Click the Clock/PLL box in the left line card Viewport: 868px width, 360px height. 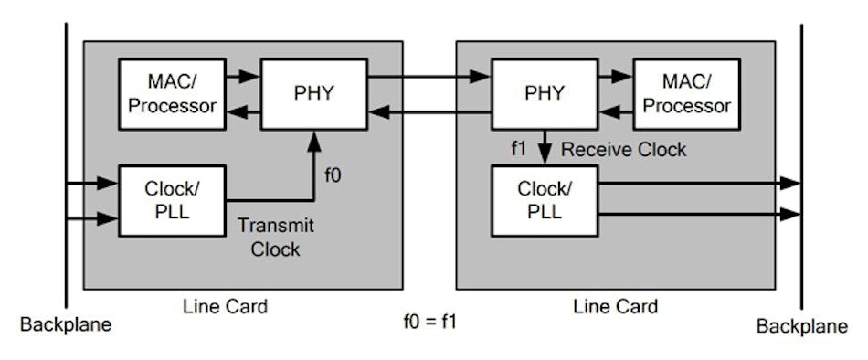click(172, 200)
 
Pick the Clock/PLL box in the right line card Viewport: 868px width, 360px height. click(545, 200)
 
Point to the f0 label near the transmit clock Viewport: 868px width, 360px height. click(334, 175)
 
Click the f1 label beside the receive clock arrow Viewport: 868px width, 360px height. click(518, 149)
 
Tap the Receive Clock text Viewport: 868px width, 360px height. click(623, 149)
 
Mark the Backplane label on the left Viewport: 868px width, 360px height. click(65, 325)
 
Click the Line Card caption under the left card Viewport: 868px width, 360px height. click(227, 306)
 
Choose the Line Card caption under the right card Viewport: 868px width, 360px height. click(616, 306)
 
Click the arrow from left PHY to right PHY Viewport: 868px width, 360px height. click(429, 77)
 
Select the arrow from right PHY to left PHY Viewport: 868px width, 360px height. click(429, 112)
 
